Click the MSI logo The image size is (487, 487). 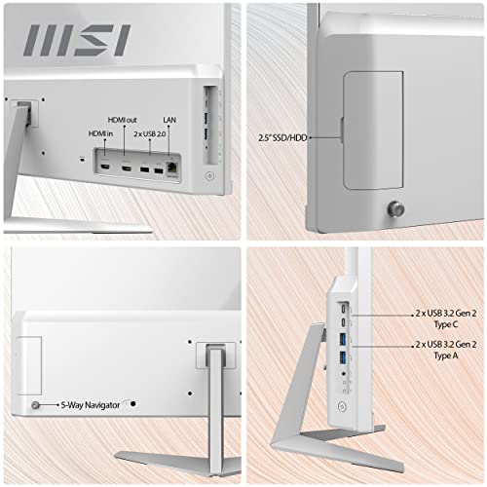[77, 40]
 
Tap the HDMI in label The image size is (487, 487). [100, 133]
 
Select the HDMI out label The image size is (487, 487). [123, 120]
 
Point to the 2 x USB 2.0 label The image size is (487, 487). [150, 133]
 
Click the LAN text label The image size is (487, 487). [169, 120]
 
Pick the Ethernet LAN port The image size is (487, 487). [172, 168]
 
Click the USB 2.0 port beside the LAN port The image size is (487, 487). [159, 170]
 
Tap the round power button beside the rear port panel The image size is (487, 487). [209, 176]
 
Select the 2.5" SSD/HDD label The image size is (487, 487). [282, 137]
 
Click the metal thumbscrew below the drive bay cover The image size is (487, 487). [396, 208]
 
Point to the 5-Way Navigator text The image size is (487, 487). [91, 405]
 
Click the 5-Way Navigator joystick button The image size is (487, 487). [35, 405]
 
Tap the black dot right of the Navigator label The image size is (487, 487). [133, 404]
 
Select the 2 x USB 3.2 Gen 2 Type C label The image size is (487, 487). [446, 318]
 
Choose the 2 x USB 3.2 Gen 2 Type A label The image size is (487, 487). [446, 350]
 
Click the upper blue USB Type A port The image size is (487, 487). [343, 339]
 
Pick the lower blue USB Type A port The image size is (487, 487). [343, 357]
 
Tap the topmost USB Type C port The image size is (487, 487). [344, 308]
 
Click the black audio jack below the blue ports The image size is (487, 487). [344, 374]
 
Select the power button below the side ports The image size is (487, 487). [342, 406]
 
